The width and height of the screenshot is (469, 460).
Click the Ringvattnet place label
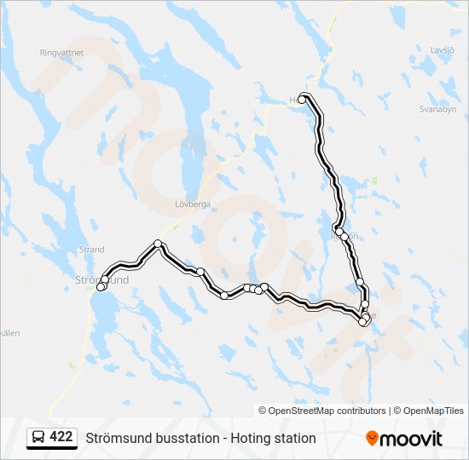pyautogui.click(x=61, y=52)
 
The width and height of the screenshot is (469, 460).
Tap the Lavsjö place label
pyautogui.click(x=443, y=50)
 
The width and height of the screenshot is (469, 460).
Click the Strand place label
pyautogui.click(x=91, y=250)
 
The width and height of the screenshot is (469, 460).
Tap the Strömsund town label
pyautogui.click(x=102, y=279)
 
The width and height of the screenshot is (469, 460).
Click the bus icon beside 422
pyautogui.click(x=38, y=438)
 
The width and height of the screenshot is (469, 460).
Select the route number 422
pyautogui.click(x=61, y=437)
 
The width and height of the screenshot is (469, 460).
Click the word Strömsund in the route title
pyautogui.click(x=113, y=439)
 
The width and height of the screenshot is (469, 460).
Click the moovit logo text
pyautogui.click(x=412, y=439)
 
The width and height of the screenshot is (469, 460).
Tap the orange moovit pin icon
pyautogui.click(x=372, y=439)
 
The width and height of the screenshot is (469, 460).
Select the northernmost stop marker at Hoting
pyautogui.click(x=302, y=99)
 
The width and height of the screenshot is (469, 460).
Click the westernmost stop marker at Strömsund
pyautogui.click(x=101, y=287)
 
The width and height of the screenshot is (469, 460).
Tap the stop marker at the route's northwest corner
pyautogui.click(x=158, y=244)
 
